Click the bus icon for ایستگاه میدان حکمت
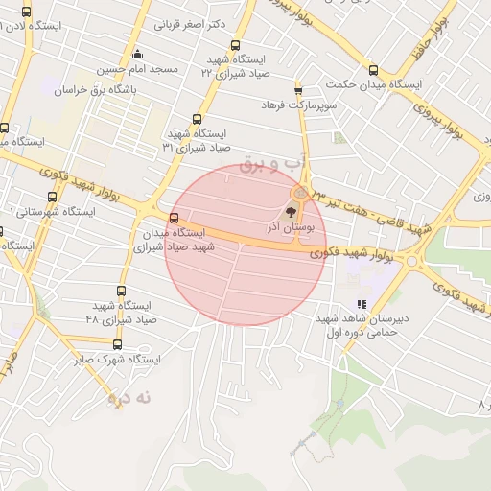point(373,70)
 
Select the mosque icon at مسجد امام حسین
point(138,54)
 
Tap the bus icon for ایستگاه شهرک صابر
point(118,344)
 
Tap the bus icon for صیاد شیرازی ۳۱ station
point(197,120)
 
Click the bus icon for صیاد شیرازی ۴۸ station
point(121,291)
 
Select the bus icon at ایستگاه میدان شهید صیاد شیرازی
point(174,218)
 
